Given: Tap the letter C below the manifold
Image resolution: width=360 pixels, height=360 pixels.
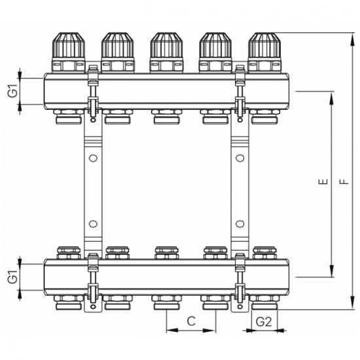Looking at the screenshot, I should point(191,321).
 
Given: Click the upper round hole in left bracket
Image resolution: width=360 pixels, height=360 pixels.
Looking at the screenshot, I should point(93,158).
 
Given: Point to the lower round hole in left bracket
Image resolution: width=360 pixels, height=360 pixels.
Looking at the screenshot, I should point(93,224).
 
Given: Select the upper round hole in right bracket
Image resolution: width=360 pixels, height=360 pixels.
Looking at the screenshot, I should point(240,158).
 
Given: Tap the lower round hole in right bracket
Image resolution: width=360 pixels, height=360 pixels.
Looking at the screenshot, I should point(240,224).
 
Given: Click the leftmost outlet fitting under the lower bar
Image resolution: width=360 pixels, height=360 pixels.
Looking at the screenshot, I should point(68,303).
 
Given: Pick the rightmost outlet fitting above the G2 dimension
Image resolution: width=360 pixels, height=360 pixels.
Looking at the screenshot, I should point(263,303).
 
